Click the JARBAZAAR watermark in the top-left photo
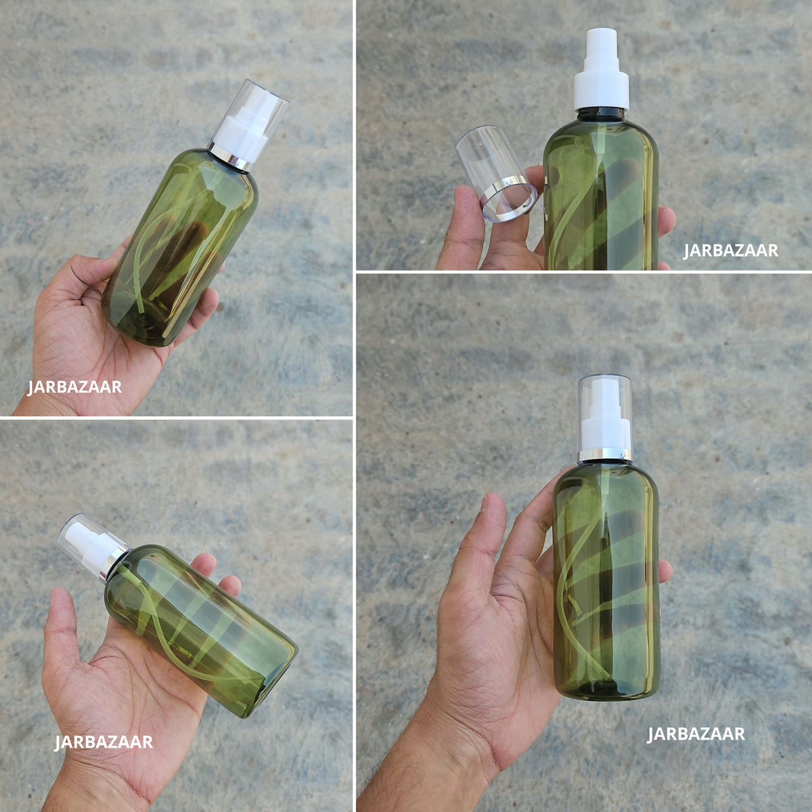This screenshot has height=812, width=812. (x=74, y=387)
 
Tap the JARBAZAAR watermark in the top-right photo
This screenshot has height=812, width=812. (x=730, y=251)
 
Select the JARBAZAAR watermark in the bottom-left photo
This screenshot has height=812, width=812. (x=104, y=742)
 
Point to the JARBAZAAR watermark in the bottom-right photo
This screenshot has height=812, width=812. (x=696, y=734)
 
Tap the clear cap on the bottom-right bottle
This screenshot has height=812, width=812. (x=605, y=413)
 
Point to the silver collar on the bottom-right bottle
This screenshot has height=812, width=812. (x=605, y=455)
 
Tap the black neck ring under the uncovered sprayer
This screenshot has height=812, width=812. (x=601, y=114)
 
